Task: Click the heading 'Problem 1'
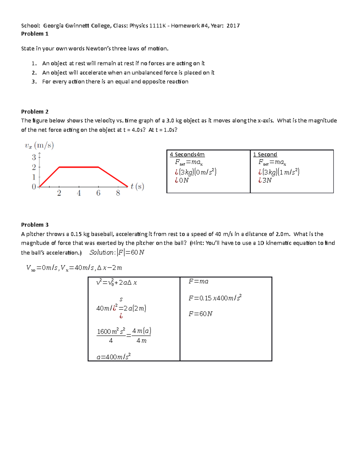tap(34, 34)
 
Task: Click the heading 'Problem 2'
tap(34, 112)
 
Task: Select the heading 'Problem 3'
tap(34, 225)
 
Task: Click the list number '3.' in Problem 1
tap(34, 82)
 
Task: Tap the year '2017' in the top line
tap(233, 26)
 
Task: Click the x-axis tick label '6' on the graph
tap(98, 193)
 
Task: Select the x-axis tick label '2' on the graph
tap(59, 193)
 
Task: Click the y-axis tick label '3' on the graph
tap(34, 157)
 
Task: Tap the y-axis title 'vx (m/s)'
tap(39, 146)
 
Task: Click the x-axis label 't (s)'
tap(137, 187)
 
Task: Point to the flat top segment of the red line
tap(79, 167)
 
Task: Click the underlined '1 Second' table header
tap(265, 155)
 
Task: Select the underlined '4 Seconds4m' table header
tap(187, 155)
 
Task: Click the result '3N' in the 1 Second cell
tap(267, 180)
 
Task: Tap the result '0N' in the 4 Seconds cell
tap(184, 180)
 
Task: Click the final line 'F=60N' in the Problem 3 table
tap(200, 314)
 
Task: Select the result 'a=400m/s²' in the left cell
tap(114, 357)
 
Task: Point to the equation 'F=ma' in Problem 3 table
tap(198, 281)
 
